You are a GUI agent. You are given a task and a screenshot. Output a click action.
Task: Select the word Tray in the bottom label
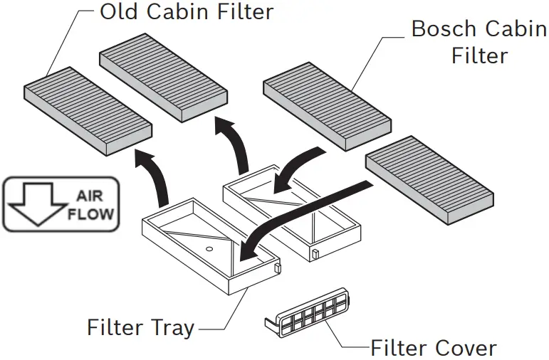click(171, 328)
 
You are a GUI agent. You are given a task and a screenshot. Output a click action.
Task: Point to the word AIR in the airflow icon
click(90, 196)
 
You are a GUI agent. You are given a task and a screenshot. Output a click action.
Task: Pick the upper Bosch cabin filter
click(328, 105)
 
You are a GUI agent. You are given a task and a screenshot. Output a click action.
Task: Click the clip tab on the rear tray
click(314, 254)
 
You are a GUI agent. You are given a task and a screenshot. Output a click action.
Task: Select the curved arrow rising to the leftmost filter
click(155, 178)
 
